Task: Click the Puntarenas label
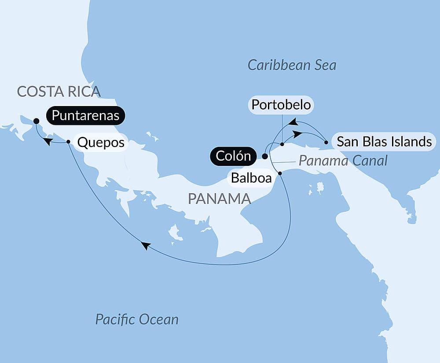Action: click(86, 116)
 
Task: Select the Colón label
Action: click(233, 156)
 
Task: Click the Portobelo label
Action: click(281, 105)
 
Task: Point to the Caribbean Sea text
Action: click(292, 66)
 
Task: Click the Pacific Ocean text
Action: click(137, 319)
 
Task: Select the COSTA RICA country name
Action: click(59, 92)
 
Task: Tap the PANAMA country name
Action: click(219, 198)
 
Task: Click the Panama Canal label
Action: click(343, 161)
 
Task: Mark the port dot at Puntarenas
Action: click(36, 121)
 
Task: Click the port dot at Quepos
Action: click(68, 142)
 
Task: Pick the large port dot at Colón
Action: click(264, 156)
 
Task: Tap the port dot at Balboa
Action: click(280, 173)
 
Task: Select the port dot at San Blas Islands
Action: click(326, 142)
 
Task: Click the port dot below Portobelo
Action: click(282, 144)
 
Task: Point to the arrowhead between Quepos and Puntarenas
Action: click(48, 141)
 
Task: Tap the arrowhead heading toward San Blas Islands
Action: click(298, 132)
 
